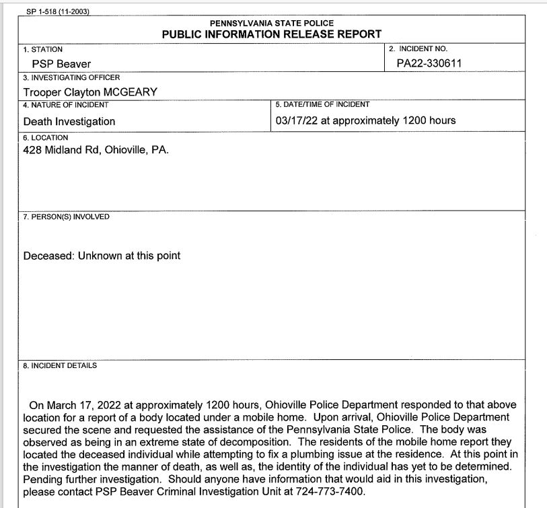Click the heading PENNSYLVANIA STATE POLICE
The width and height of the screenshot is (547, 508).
272,23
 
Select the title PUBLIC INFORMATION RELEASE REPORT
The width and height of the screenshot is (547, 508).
272,34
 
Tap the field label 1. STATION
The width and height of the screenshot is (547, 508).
42,50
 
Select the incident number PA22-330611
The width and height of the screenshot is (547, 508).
429,64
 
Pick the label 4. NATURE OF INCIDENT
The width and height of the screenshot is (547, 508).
66,105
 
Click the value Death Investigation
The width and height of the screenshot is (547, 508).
69,122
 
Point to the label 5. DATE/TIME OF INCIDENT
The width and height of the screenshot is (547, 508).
322,105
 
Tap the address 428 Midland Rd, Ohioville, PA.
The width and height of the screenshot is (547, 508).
96,150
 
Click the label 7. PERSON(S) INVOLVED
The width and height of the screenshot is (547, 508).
66,217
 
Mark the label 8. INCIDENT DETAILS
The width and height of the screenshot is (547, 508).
60,365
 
